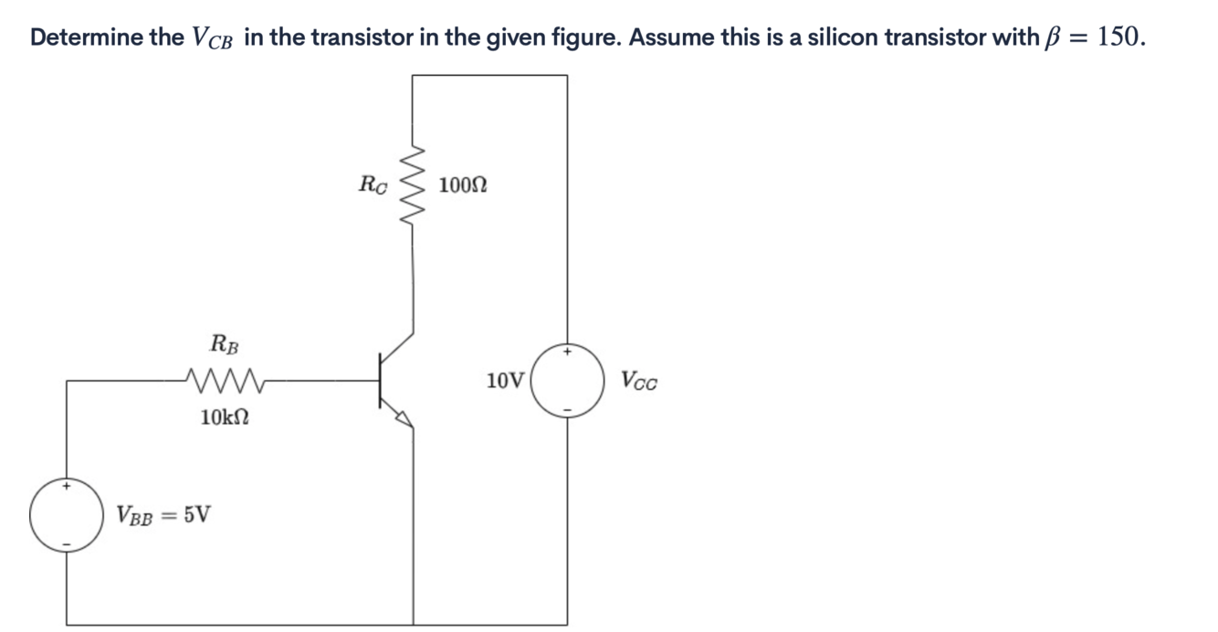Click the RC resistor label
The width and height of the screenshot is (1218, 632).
point(373,185)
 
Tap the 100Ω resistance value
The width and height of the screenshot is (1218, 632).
point(462,185)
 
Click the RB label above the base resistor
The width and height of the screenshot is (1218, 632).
point(225,344)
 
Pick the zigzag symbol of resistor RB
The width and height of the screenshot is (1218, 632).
point(225,377)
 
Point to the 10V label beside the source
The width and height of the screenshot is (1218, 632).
point(505,380)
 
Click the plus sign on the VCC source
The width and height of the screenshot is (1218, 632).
point(567,351)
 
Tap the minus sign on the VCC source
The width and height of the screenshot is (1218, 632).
point(567,410)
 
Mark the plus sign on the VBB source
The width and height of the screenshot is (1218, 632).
point(66,487)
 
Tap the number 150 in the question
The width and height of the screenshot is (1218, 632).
point(1118,37)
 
